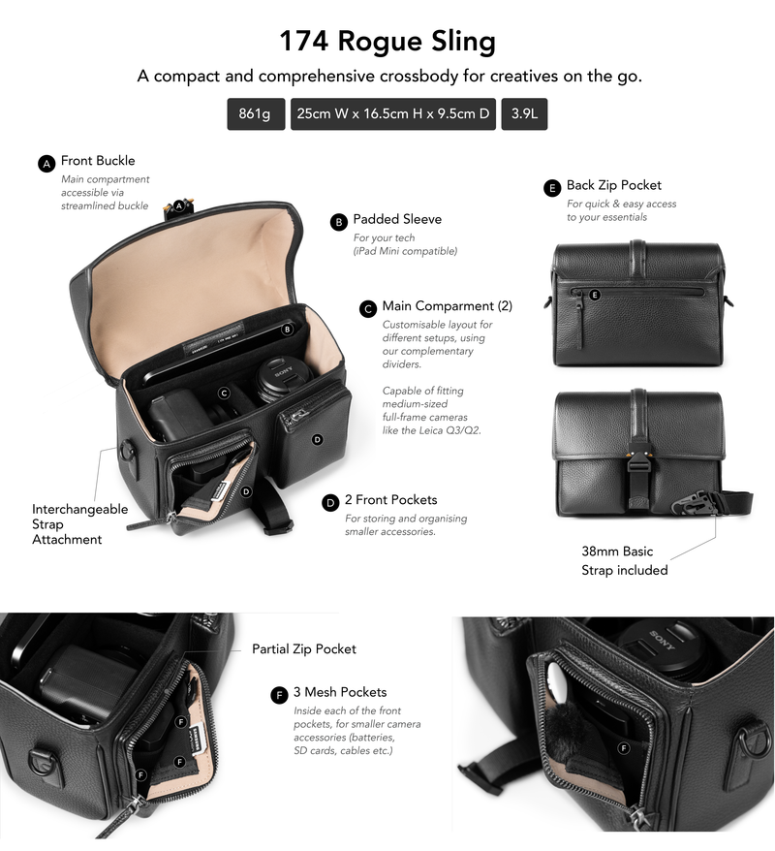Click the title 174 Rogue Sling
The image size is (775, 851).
[x=387, y=42]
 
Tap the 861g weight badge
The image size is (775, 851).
[x=256, y=114]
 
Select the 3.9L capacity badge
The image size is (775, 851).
[x=524, y=114]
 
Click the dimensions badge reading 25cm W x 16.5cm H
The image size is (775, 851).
[x=393, y=114]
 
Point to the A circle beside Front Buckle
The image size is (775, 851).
[x=46, y=164]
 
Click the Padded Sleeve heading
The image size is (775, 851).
[x=397, y=219]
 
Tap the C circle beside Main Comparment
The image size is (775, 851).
[x=368, y=309]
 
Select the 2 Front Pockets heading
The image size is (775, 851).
[x=391, y=500]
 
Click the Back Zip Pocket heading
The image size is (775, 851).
[x=614, y=186]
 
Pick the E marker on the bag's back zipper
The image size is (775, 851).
[x=595, y=295]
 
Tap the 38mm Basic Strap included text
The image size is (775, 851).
[x=624, y=560]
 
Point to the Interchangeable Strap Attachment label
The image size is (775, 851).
[x=79, y=524]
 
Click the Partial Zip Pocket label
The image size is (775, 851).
[x=304, y=649]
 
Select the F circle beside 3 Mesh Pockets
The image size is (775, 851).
[x=279, y=695]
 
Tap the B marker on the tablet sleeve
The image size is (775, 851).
[x=287, y=329]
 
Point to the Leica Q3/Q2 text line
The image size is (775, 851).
[x=432, y=430]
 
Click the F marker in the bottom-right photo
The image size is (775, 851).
[x=624, y=748]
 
